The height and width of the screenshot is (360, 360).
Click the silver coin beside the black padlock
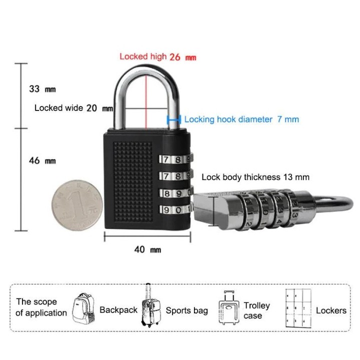tap(77, 205)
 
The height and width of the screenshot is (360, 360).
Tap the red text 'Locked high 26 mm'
tap(158, 56)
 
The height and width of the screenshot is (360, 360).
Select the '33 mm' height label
tap(42, 89)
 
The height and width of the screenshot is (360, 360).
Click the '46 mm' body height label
tap(42, 160)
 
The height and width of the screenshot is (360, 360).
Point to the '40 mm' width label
tap(147, 249)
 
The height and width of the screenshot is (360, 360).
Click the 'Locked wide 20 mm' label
tap(73, 108)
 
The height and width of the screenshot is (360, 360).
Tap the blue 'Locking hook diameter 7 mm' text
tap(241, 119)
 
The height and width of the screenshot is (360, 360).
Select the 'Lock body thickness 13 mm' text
tap(255, 177)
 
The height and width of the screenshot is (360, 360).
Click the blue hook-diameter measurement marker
tap(174, 119)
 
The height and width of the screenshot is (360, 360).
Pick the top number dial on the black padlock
tap(175, 159)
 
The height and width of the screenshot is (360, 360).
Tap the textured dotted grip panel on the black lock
tap(133, 181)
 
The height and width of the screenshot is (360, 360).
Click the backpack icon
tap(83, 308)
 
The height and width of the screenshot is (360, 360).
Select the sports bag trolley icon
tap(150, 305)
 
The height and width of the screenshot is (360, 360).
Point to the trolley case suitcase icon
tap(228, 307)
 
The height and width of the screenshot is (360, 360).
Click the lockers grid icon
tap(298, 308)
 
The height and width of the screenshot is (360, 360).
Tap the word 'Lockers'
tap(331, 310)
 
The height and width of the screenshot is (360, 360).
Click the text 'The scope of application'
tap(41, 307)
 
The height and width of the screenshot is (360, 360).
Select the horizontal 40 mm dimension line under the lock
tap(147, 236)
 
